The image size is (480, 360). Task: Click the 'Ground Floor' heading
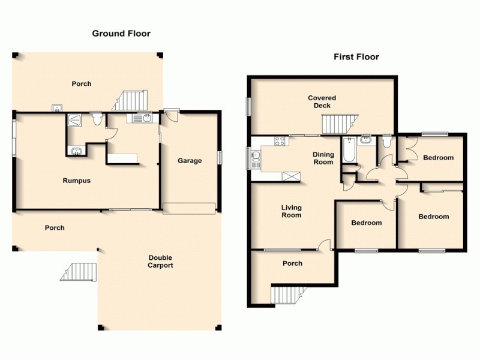tap(121, 34)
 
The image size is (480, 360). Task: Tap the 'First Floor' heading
tap(356, 57)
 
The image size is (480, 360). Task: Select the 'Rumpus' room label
tap(77, 181)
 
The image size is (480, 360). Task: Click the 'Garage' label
tap(190, 161)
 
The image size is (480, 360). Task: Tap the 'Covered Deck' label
tap(322, 101)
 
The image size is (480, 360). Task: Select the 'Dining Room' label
tap(323, 158)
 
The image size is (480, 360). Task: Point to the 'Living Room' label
tap(292, 211)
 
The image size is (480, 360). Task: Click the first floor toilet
tap(387, 142)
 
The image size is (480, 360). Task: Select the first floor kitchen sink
tap(256, 158)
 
